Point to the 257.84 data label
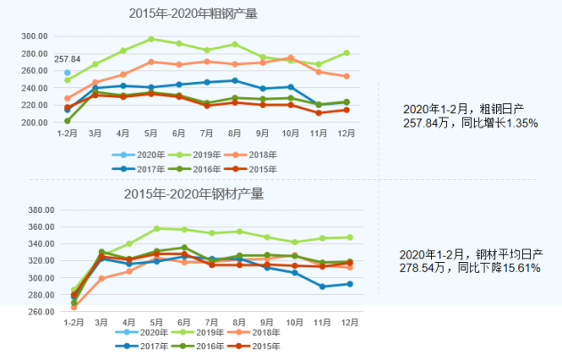tap(68, 60)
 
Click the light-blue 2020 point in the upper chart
tap(68, 72)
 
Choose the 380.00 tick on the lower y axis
tap(33, 210)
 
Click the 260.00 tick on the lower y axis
tap(33, 312)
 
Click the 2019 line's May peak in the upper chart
tap(151, 39)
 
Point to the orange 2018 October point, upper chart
tap(291, 57)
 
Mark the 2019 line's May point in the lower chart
tap(156, 229)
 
